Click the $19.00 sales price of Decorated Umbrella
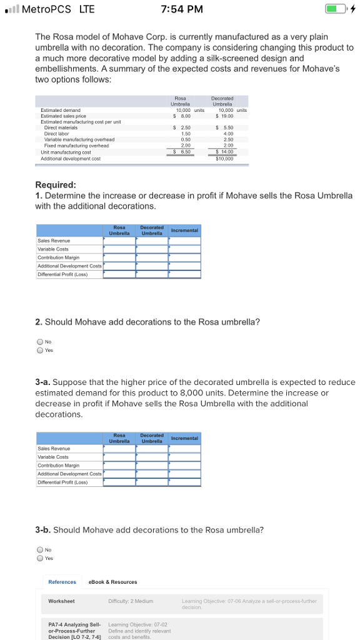tap(223, 116)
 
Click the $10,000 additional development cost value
tap(223, 158)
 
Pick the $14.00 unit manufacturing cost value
tap(223, 152)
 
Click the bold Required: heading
tap(56, 185)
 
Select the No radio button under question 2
tap(40, 342)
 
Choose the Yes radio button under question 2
tap(40, 350)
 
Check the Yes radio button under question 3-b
tap(40, 558)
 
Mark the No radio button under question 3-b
tap(40, 550)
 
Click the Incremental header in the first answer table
tap(184, 231)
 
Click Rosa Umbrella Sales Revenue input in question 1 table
tap(119, 240)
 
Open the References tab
tap(62, 582)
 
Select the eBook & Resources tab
tap(113, 582)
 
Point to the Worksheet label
tap(61, 601)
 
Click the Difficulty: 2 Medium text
tap(131, 601)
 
